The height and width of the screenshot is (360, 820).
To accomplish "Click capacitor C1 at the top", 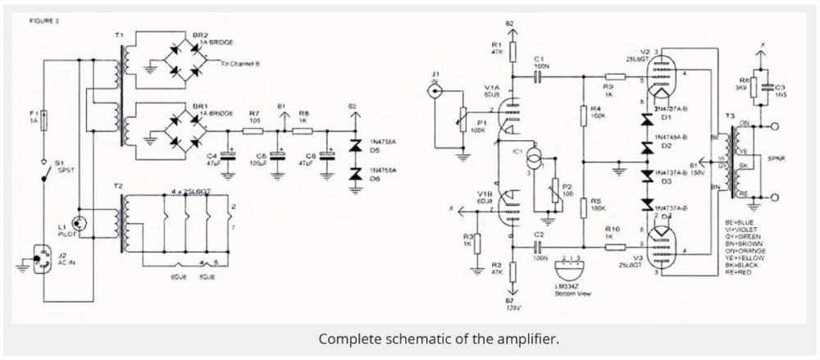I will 538,75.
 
